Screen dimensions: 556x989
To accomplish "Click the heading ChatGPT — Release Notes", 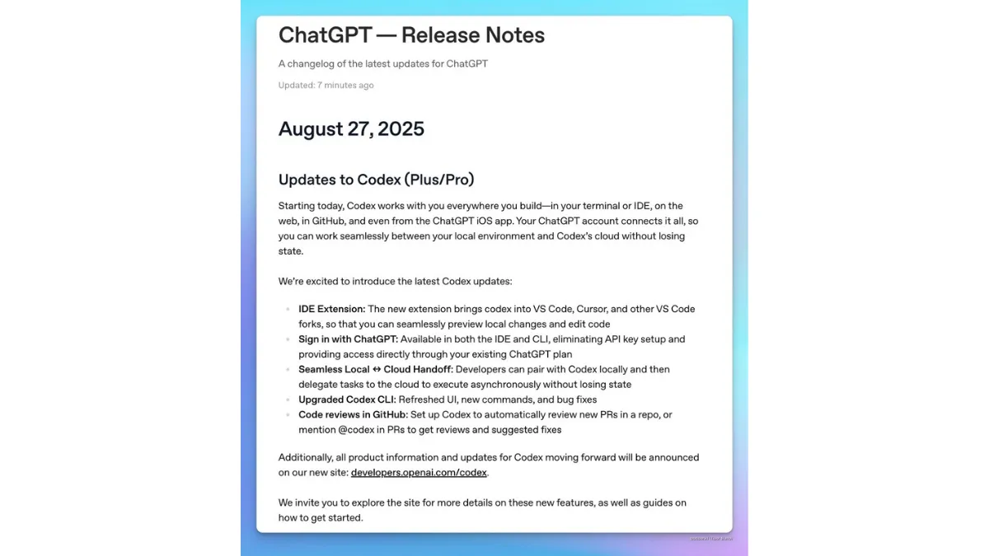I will point(411,35).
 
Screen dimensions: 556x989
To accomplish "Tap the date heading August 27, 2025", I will point(351,129).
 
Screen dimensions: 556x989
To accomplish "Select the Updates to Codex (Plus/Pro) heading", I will point(376,180).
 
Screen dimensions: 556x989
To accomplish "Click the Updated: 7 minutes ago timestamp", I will point(326,85).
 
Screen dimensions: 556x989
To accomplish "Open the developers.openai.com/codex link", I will point(419,473).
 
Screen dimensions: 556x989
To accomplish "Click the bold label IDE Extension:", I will point(331,309).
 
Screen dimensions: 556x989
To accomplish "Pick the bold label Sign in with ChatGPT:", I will point(348,339).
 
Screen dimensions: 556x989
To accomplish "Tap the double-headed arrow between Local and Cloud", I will point(377,370).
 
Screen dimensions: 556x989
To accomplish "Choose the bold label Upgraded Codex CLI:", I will point(346,399).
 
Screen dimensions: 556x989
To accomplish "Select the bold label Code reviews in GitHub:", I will point(353,415).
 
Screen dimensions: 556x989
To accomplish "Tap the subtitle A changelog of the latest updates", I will point(382,63).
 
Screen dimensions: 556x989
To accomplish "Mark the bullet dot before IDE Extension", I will point(287,310).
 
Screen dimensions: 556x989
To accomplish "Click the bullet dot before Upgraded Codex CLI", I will point(287,400).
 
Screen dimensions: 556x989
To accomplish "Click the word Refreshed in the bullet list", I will point(422,399).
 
